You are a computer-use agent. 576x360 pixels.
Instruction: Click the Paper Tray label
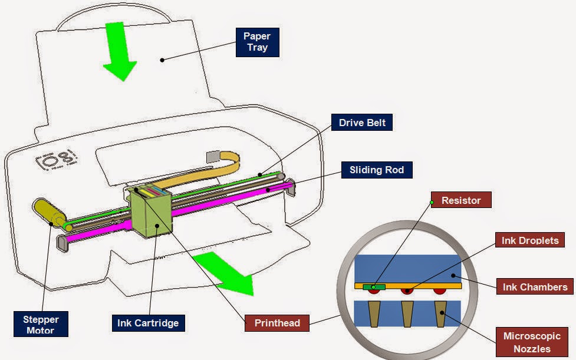pos(257,42)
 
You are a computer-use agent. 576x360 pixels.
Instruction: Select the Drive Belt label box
pos(362,123)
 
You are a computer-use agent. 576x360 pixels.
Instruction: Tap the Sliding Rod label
pos(377,170)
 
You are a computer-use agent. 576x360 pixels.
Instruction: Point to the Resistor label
pos(461,200)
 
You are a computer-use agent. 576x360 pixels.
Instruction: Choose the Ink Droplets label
pos(530,240)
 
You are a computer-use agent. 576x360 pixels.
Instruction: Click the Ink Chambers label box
pos(535,287)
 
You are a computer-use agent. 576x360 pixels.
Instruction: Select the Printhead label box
pos(277,323)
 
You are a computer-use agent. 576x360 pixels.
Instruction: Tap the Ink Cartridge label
pos(148,323)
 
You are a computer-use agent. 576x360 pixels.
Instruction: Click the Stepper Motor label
pos(41,325)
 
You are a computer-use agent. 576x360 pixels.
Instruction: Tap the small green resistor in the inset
pos(374,287)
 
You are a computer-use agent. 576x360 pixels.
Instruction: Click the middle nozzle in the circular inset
pos(407,313)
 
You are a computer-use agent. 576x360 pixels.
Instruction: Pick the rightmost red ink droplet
pos(439,291)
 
